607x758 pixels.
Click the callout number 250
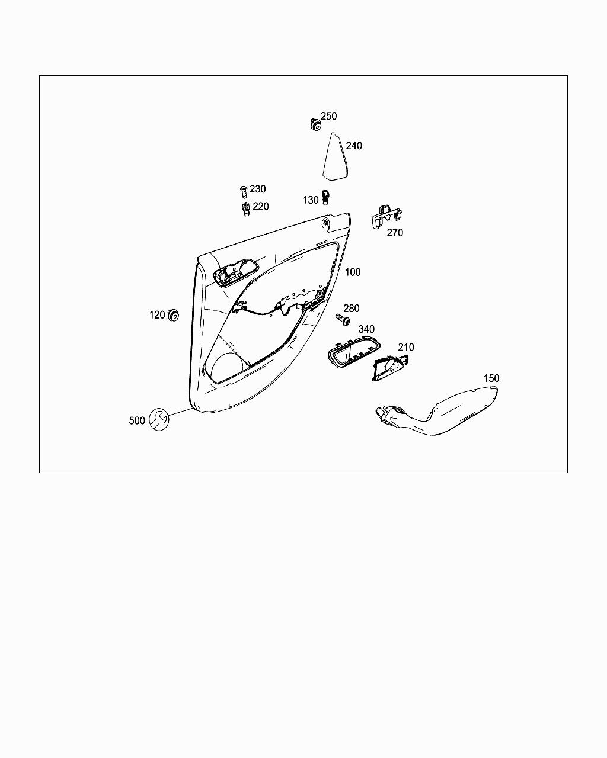coord(328,116)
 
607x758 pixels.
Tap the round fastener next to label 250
coord(315,125)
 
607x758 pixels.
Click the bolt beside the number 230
coord(243,191)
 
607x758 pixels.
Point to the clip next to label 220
coord(245,209)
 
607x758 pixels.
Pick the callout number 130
coord(311,200)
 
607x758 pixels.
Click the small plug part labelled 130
coord(325,197)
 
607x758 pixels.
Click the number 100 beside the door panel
coord(352,272)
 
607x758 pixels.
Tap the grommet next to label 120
coord(174,315)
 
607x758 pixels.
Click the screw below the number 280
coord(341,319)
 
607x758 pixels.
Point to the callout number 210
coord(405,348)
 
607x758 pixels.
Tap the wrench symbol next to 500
coord(158,419)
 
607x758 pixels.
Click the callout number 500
coord(136,420)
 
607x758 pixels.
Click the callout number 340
coord(366,329)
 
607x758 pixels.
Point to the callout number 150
coord(491,378)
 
